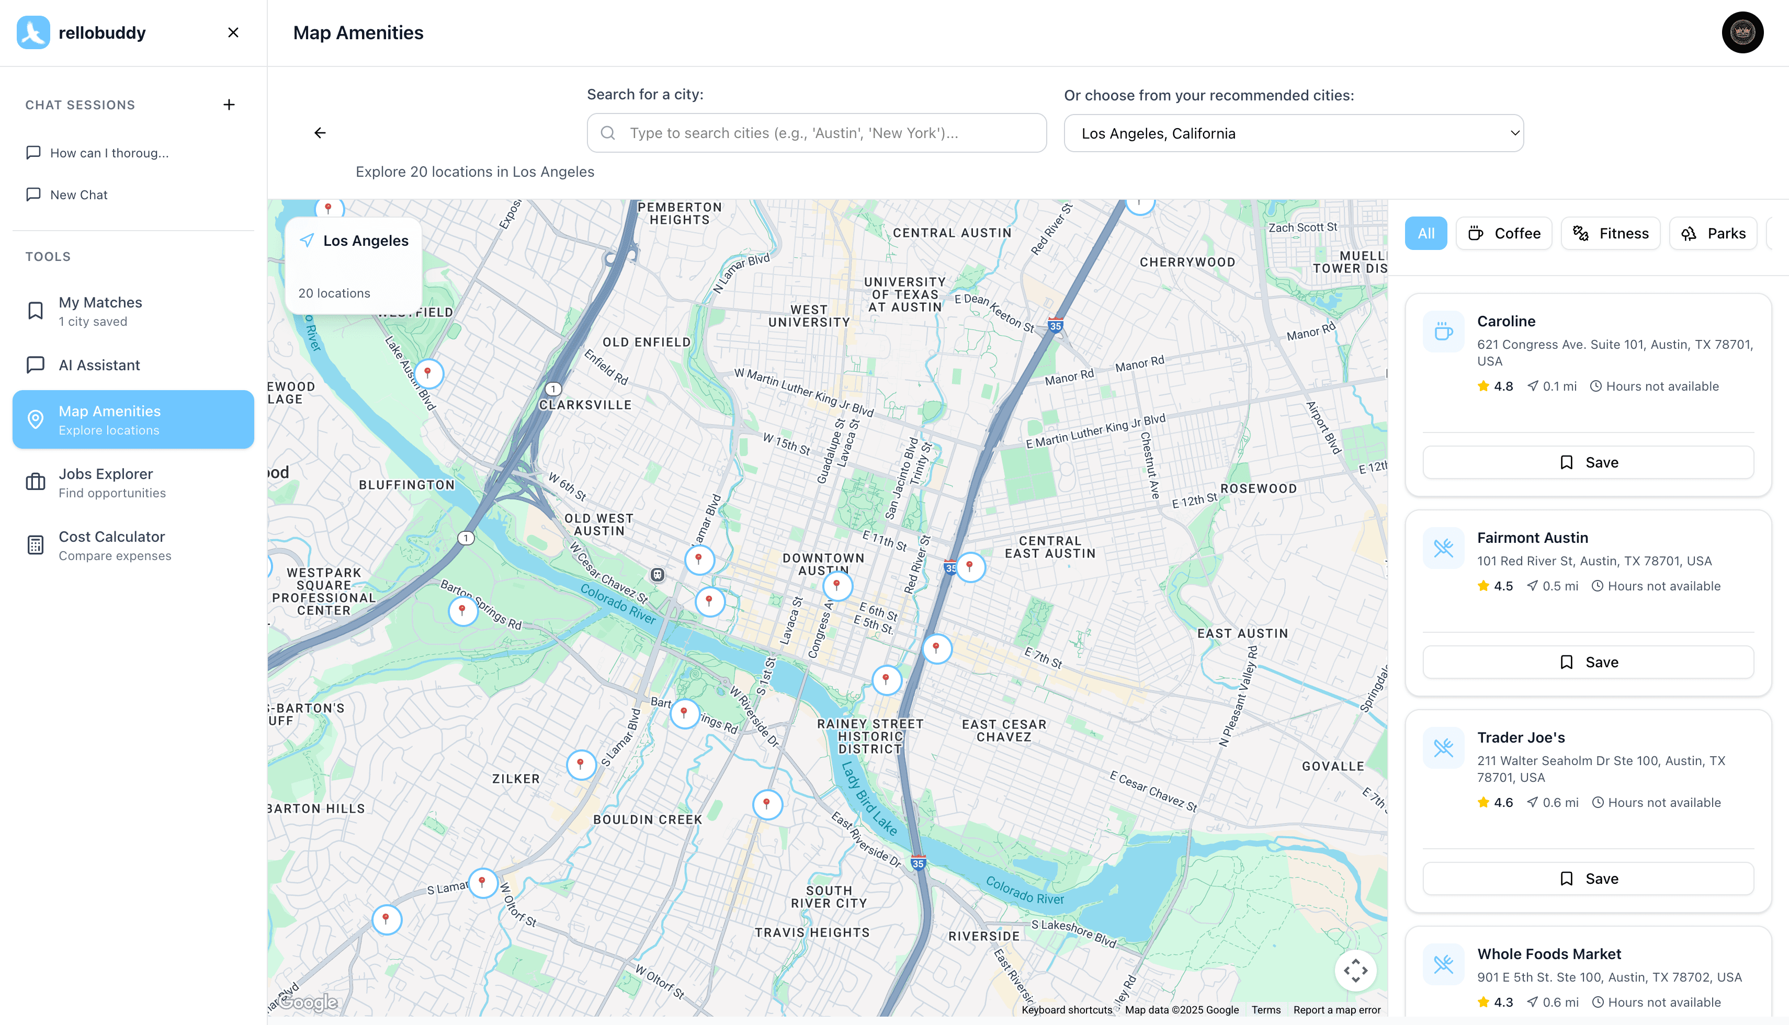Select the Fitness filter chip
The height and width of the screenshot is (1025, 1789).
tap(1610, 234)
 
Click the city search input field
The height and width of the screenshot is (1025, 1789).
tap(817, 133)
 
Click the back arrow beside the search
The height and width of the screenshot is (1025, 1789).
tap(320, 133)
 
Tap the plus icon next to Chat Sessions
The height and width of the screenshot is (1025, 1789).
tap(229, 105)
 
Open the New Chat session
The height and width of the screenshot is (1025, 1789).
tap(79, 195)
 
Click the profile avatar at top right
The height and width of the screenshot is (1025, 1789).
tap(1742, 32)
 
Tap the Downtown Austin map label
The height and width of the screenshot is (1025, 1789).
tap(823, 564)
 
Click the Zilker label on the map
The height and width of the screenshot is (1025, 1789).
tap(516, 779)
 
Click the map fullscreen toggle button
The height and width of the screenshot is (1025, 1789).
tap(1355, 971)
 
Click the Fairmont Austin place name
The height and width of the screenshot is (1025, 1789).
tap(1532, 538)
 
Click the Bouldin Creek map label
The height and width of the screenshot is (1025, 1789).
tap(647, 819)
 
